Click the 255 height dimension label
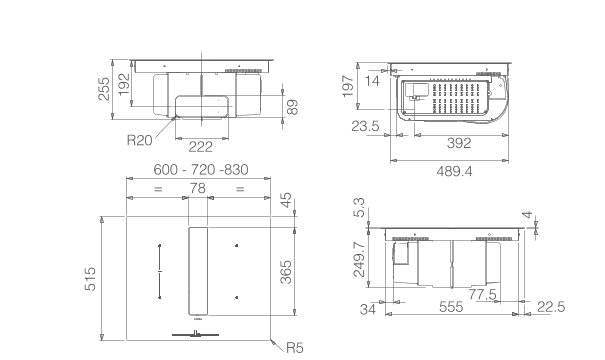[104, 89]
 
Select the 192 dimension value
[124, 84]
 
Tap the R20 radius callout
[140, 140]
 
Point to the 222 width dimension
[201, 147]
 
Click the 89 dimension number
[292, 107]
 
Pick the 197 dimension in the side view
[348, 85]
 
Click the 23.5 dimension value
[365, 126]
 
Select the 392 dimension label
[459, 143]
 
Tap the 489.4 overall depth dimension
[454, 171]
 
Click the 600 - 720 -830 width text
[201, 170]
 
